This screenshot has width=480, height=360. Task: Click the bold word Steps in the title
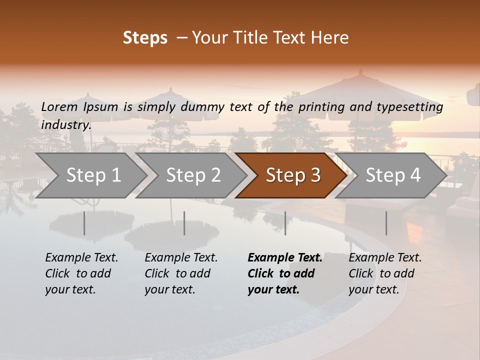click(x=145, y=38)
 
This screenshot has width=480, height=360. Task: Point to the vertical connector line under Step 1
click(x=84, y=223)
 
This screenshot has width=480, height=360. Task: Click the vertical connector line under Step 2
click(x=184, y=223)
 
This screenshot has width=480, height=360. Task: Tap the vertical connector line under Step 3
click(x=285, y=223)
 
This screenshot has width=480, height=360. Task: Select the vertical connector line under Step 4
click(x=386, y=223)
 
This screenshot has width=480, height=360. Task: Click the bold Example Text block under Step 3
click(x=285, y=273)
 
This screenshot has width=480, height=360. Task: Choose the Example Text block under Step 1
click(x=81, y=273)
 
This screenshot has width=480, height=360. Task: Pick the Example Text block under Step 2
click(x=181, y=273)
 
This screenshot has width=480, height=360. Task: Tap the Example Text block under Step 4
click(x=385, y=273)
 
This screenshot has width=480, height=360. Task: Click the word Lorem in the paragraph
click(x=59, y=107)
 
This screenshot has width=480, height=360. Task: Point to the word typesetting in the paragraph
click(x=412, y=107)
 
